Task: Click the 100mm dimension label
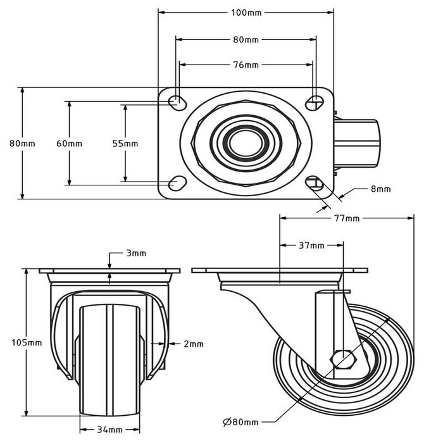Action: pyautogui.click(x=246, y=12)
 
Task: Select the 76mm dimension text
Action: pyautogui.click(x=246, y=65)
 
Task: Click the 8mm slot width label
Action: pyautogui.click(x=380, y=189)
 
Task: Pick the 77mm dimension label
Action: pyautogui.click(x=346, y=218)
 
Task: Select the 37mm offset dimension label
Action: pyautogui.click(x=312, y=245)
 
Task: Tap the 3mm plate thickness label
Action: pyautogui.click(x=135, y=253)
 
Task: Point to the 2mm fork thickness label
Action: pyautogui.click(x=194, y=344)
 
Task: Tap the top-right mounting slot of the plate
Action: pyautogui.click(x=315, y=101)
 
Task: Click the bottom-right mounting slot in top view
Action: pyautogui.click(x=315, y=184)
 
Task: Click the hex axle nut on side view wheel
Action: pyautogui.click(x=346, y=360)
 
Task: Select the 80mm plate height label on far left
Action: pyautogui.click(x=22, y=143)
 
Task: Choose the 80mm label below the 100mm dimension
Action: pyautogui.click(x=246, y=39)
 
